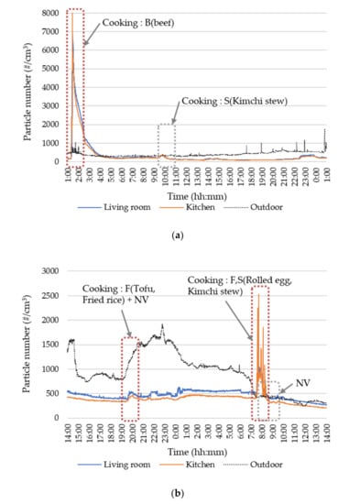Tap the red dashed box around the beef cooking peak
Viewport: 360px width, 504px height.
(76, 87)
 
